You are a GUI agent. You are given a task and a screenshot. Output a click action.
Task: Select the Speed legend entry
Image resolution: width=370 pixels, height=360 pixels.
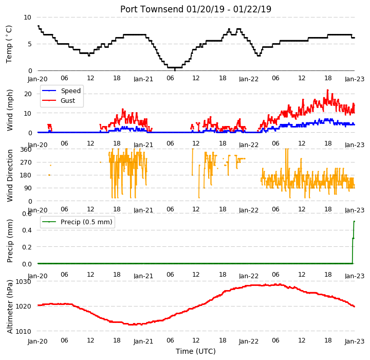coord(61,91)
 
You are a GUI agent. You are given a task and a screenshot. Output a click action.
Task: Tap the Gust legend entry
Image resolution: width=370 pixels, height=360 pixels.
coord(59,100)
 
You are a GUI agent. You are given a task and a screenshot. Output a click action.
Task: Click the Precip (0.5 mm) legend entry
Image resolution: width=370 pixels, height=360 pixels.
coord(77,222)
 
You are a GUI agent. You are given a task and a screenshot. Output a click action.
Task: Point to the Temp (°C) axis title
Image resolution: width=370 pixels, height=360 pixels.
coord(9,44)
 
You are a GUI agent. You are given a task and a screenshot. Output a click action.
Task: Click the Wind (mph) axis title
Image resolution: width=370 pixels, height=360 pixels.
coord(9,110)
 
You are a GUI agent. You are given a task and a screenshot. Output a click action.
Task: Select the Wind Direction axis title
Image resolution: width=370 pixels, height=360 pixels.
coord(9,175)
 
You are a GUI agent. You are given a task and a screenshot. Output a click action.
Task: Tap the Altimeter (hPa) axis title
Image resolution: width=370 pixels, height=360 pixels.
coord(9,307)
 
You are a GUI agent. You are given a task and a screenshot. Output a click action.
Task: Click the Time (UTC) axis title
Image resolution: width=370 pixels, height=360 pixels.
coord(196,351)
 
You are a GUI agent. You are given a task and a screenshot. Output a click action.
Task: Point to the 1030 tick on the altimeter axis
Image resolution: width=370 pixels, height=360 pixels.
coord(23,282)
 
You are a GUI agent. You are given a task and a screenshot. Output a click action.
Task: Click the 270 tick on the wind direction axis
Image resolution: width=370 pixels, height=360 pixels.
coord(27,163)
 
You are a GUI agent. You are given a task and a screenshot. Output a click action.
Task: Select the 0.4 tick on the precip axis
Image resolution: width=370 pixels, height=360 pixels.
coord(27,230)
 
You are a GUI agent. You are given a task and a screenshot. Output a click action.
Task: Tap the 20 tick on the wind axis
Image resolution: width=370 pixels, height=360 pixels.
coord(28,94)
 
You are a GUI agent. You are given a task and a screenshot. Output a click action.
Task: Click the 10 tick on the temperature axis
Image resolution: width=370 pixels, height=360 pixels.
coord(27,17)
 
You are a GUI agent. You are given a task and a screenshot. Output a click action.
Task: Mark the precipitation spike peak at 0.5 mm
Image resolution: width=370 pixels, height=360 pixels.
coord(354,221)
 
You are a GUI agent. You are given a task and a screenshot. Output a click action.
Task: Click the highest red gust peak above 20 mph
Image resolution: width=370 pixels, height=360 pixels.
coord(327,90)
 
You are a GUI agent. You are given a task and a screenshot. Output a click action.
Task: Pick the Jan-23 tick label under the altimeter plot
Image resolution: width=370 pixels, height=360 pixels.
coord(355,341)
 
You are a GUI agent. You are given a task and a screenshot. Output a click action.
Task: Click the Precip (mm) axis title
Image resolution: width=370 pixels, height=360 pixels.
coord(9,241)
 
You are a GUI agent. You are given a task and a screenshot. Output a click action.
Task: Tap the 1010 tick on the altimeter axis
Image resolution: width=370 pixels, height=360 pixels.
coord(23,331)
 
